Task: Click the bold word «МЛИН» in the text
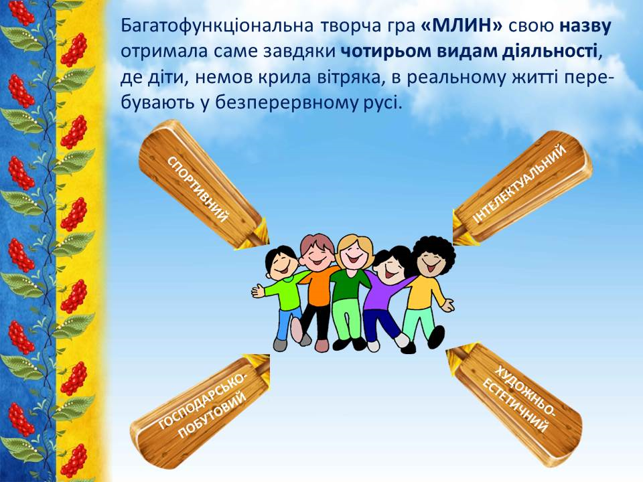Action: [x=461, y=26]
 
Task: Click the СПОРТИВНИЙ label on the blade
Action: [x=198, y=189]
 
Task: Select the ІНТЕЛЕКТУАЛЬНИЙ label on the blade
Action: [x=520, y=183]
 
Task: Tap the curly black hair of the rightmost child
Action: [x=435, y=250]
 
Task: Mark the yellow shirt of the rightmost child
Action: [x=425, y=293]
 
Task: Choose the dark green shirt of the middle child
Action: [x=350, y=286]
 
